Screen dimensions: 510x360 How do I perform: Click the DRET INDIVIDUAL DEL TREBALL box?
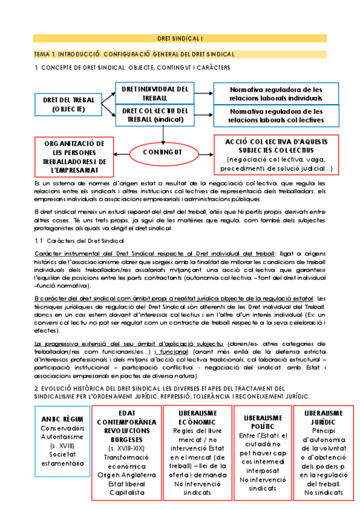coord(155,93)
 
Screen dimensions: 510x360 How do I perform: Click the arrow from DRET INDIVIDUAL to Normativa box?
coord(204,94)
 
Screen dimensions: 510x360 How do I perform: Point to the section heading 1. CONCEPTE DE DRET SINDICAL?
coord(132,67)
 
